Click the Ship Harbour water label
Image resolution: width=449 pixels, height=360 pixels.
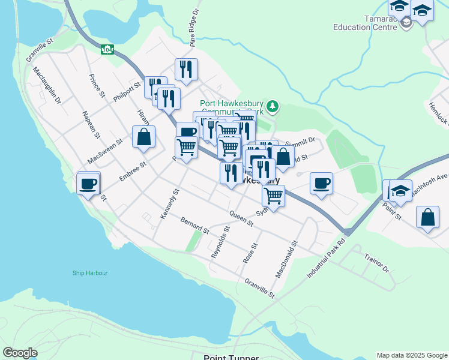(x=90, y=273)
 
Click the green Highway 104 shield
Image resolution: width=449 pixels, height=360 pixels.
(x=107, y=49)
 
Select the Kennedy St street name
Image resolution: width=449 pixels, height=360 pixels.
(x=169, y=205)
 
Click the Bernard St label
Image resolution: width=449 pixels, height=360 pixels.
(x=194, y=226)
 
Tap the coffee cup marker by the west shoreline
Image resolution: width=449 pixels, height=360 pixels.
(x=88, y=184)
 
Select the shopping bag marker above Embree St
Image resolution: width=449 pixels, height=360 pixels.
(x=144, y=137)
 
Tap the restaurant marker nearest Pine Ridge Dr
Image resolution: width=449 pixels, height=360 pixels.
(x=187, y=69)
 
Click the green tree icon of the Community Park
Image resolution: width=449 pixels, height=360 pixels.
(x=273, y=106)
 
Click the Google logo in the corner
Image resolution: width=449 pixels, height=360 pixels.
(x=20, y=353)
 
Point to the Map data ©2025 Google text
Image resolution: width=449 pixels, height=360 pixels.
(x=411, y=355)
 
